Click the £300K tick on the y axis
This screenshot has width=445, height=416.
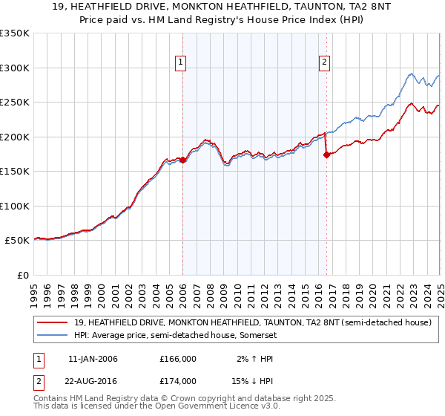coord(15,68)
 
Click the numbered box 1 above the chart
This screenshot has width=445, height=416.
coord(182,62)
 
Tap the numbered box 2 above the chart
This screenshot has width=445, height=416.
coord(325,62)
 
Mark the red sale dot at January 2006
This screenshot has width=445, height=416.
coord(182,160)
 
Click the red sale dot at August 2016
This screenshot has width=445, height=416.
coord(326,155)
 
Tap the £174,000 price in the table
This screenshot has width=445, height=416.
coord(178,380)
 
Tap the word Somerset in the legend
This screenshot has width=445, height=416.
coord(260,334)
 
